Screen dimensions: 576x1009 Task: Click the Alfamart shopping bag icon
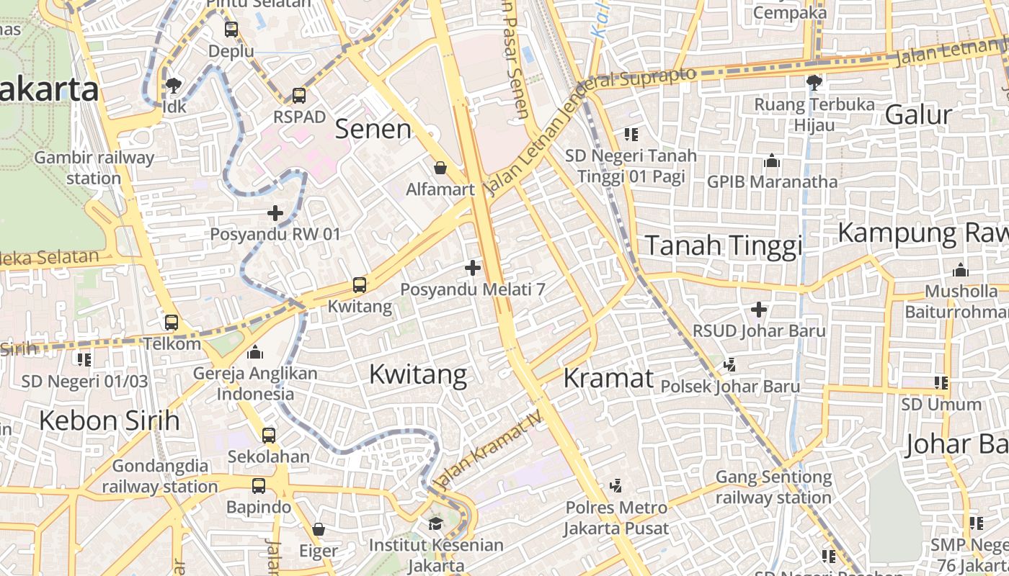click(440, 168)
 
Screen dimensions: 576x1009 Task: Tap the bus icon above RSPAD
click(298, 95)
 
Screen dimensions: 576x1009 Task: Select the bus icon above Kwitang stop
click(359, 285)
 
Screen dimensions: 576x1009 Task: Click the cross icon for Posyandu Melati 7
click(473, 269)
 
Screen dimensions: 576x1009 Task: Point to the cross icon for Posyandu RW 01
click(275, 213)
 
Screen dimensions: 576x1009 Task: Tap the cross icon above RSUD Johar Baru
click(758, 310)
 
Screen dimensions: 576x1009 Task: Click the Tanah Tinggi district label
click(723, 246)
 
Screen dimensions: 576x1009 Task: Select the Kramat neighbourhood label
click(608, 378)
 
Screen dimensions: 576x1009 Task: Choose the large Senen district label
click(373, 130)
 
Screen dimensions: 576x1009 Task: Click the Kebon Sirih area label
click(109, 420)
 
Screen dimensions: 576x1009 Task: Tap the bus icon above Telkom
click(172, 322)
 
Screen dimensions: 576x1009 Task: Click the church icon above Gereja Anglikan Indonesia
click(255, 352)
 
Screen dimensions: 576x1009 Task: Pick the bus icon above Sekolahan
click(268, 435)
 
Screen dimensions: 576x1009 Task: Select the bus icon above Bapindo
click(259, 486)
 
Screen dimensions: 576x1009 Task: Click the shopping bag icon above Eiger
click(319, 530)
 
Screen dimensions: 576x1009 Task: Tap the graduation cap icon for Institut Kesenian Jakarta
click(435, 523)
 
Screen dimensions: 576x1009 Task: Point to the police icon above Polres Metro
click(615, 486)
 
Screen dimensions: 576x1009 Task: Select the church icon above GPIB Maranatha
click(772, 160)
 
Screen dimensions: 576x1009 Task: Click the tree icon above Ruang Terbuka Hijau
click(814, 82)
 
